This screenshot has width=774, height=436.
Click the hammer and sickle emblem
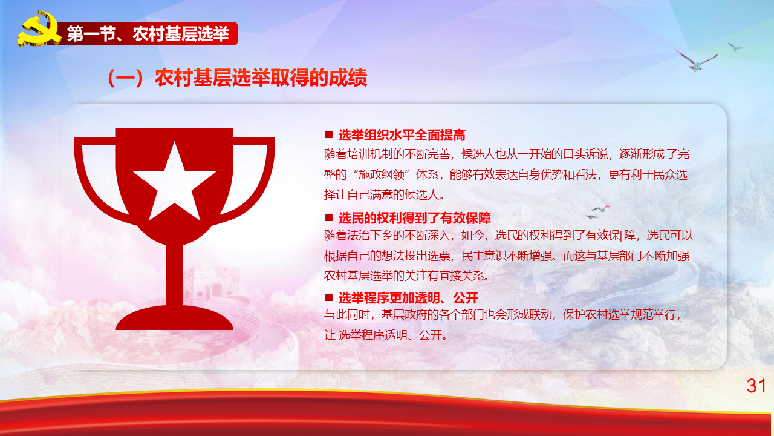pyautogui.click(x=38, y=29)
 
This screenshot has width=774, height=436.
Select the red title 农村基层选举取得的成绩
pyautogui.click(x=261, y=78)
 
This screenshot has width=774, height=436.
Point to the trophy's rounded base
pyautogui.click(x=175, y=318)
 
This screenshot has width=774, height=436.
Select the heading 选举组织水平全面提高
pyautogui.click(x=402, y=135)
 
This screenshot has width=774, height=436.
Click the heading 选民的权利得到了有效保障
pyautogui.click(x=415, y=218)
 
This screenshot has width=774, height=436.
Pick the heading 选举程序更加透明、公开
pyautogui.click(x=408, y=297)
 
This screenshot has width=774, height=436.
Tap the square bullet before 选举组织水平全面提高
pyautogui.click(x=329, y=134)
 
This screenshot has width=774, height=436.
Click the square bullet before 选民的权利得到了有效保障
pyautogui.click(x=329, y=217)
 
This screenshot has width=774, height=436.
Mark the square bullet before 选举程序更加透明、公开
pyautogui.click(x=329, y=297)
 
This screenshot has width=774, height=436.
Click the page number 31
pyautogui.click(x=756, y=386)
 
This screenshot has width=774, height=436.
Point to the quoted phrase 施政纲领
pyautogui.click(x=381, y=175)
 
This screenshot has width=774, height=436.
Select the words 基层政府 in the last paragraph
pyautogui.click(x=404, y=315)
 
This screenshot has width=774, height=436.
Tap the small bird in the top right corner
pyautogui.click(x=735, y=47)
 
